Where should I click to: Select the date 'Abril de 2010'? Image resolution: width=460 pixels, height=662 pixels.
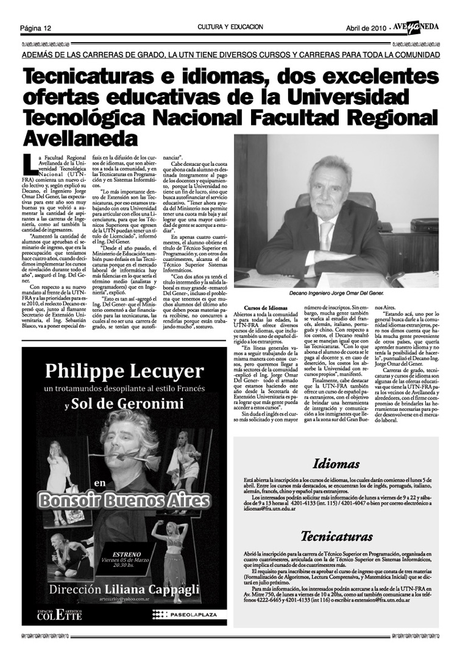(366, 28)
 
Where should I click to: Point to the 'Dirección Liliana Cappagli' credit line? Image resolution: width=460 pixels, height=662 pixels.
(124, 590)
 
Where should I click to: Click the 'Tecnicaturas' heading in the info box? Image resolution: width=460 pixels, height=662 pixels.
(336, 537)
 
